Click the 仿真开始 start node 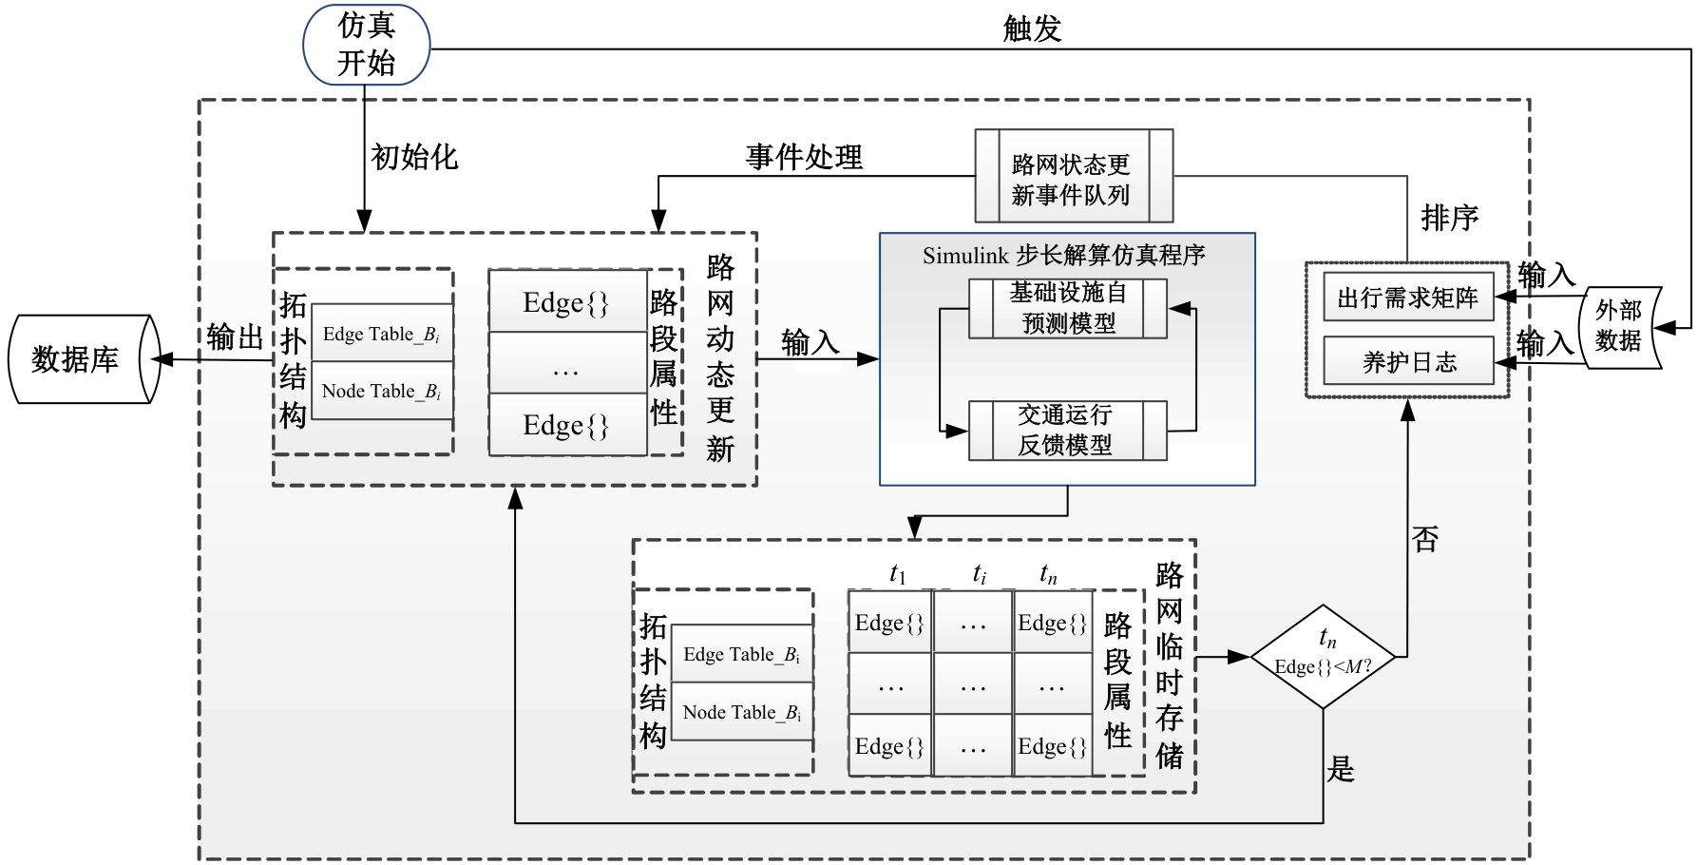366,45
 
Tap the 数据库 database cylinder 81,359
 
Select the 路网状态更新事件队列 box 1074,177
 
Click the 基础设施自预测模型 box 1067,308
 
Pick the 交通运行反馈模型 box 1067,431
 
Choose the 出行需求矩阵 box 1407,298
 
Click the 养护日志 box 1407,361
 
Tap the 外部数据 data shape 1619,326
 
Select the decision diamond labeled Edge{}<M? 1324,657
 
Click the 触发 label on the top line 1032,29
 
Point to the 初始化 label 414,157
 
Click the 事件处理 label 804,157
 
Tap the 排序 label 1450,218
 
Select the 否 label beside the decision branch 1425,540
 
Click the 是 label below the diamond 1341,768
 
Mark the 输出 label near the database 235,336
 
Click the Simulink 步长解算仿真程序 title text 1063,255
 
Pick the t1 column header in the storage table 897,573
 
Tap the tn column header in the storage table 1048,573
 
